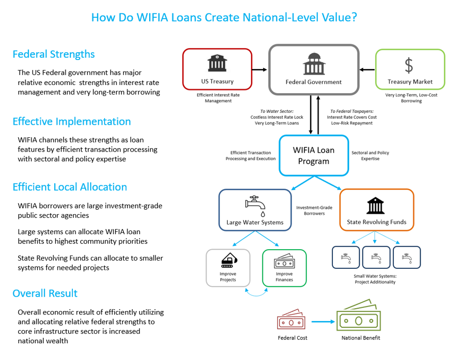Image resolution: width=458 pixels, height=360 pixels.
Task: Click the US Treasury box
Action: (x=217, y=69)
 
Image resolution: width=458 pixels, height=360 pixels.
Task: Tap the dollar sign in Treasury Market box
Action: (x=409, y=65)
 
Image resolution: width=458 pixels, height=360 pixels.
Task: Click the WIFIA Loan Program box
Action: (x=314, y=156)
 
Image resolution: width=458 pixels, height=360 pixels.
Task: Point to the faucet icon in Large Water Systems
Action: (x=255, y=204)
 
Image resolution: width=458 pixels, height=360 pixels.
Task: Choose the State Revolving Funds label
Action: (x=376, y=222)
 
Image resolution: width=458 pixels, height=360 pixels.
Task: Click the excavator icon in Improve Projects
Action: (x=228, y=261)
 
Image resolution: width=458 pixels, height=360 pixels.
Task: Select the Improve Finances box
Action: (x=284, y=268)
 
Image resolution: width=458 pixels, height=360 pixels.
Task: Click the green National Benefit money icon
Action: (x=359, y=316)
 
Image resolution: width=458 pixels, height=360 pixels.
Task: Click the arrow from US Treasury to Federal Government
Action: (x=260, y=70)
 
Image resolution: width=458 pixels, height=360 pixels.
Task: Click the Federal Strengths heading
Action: (x=54, y=54)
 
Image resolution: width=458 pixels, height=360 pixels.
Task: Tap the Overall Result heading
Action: (x=45, y=293)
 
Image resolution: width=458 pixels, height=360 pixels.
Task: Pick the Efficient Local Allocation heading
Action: (x=70, y=187)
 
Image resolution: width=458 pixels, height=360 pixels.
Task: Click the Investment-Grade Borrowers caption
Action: (x=314, y=211)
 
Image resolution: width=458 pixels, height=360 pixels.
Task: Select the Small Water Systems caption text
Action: (x=376, y=279)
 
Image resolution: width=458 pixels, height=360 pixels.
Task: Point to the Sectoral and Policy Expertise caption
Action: (x=370, y=156)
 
